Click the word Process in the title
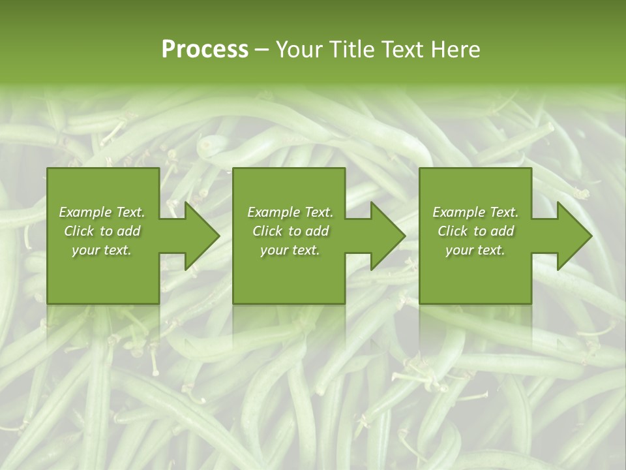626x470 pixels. click(x=205, y=50)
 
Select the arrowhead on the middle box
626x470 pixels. click(x=389, y=236)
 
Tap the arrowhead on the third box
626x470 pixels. click(x=575, y=236)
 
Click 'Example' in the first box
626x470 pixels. click(x=85, y=212)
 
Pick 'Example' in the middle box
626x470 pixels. click(x=273, y=212)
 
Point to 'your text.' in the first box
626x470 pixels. click(x=102, y=250)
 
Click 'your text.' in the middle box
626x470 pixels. click(x=290, y=250)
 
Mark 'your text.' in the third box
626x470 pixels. click(x=475, y=250)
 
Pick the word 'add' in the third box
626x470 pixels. click(x=503, y=231)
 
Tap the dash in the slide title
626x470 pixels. click(x=262, y=50)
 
